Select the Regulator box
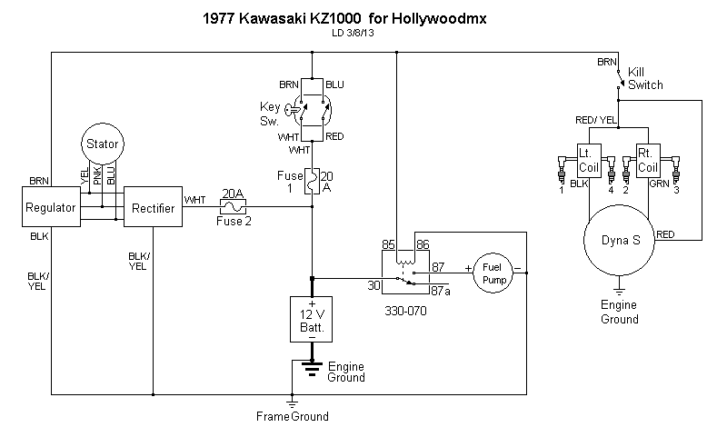click(51, 208)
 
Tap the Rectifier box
click(153, 208)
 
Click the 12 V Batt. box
click(312, 319)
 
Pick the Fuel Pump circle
click(492, 273)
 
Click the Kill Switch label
click(645, 78)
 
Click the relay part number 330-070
click(406, 310)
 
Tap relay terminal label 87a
click(442, 291)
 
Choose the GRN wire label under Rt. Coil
click(659, 183)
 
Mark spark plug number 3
click(676, 189)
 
